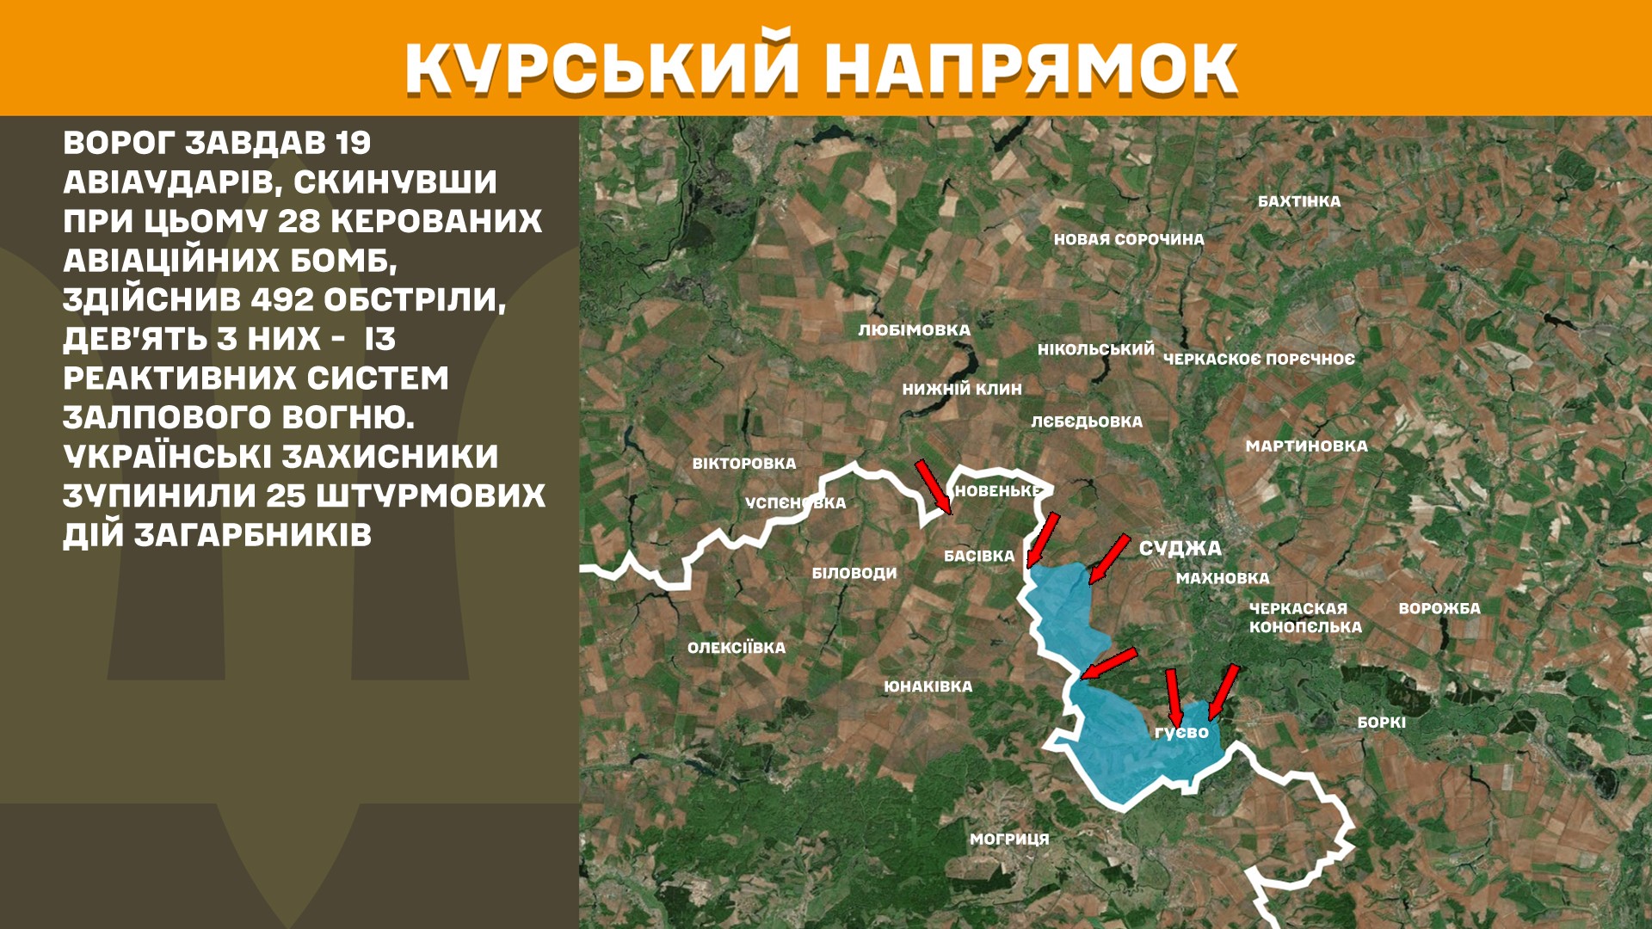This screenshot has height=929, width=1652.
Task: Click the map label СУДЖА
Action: coord(1180,548)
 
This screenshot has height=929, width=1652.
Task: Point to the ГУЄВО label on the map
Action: coord(1181,733)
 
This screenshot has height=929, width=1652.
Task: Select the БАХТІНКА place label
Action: coord(1299,201)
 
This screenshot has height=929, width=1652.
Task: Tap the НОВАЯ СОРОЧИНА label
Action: coord(1129,239)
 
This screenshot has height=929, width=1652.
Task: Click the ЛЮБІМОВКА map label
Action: coord(914,330)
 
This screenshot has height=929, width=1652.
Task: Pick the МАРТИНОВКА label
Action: coord(1306,446)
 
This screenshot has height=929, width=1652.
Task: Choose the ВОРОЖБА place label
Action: coord(1439,608)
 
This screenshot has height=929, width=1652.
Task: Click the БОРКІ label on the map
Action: coord(1381,723)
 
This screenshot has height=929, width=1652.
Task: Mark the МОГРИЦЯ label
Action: coord(1009,839)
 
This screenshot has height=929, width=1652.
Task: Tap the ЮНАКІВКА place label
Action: coord(928,686)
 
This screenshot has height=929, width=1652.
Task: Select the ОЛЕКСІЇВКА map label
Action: coord(736,648)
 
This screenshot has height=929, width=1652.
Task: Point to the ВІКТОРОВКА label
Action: coord(744,464)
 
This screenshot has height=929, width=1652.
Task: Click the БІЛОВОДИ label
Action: coord(854,573)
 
